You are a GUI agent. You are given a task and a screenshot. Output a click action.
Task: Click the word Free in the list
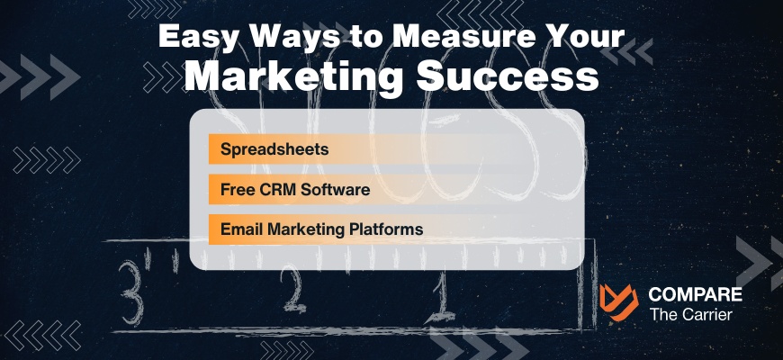click(237, 190)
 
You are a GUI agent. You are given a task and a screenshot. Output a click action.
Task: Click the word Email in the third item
click(238, 229)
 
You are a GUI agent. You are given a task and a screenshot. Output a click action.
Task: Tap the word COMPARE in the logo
click(696, 295)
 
